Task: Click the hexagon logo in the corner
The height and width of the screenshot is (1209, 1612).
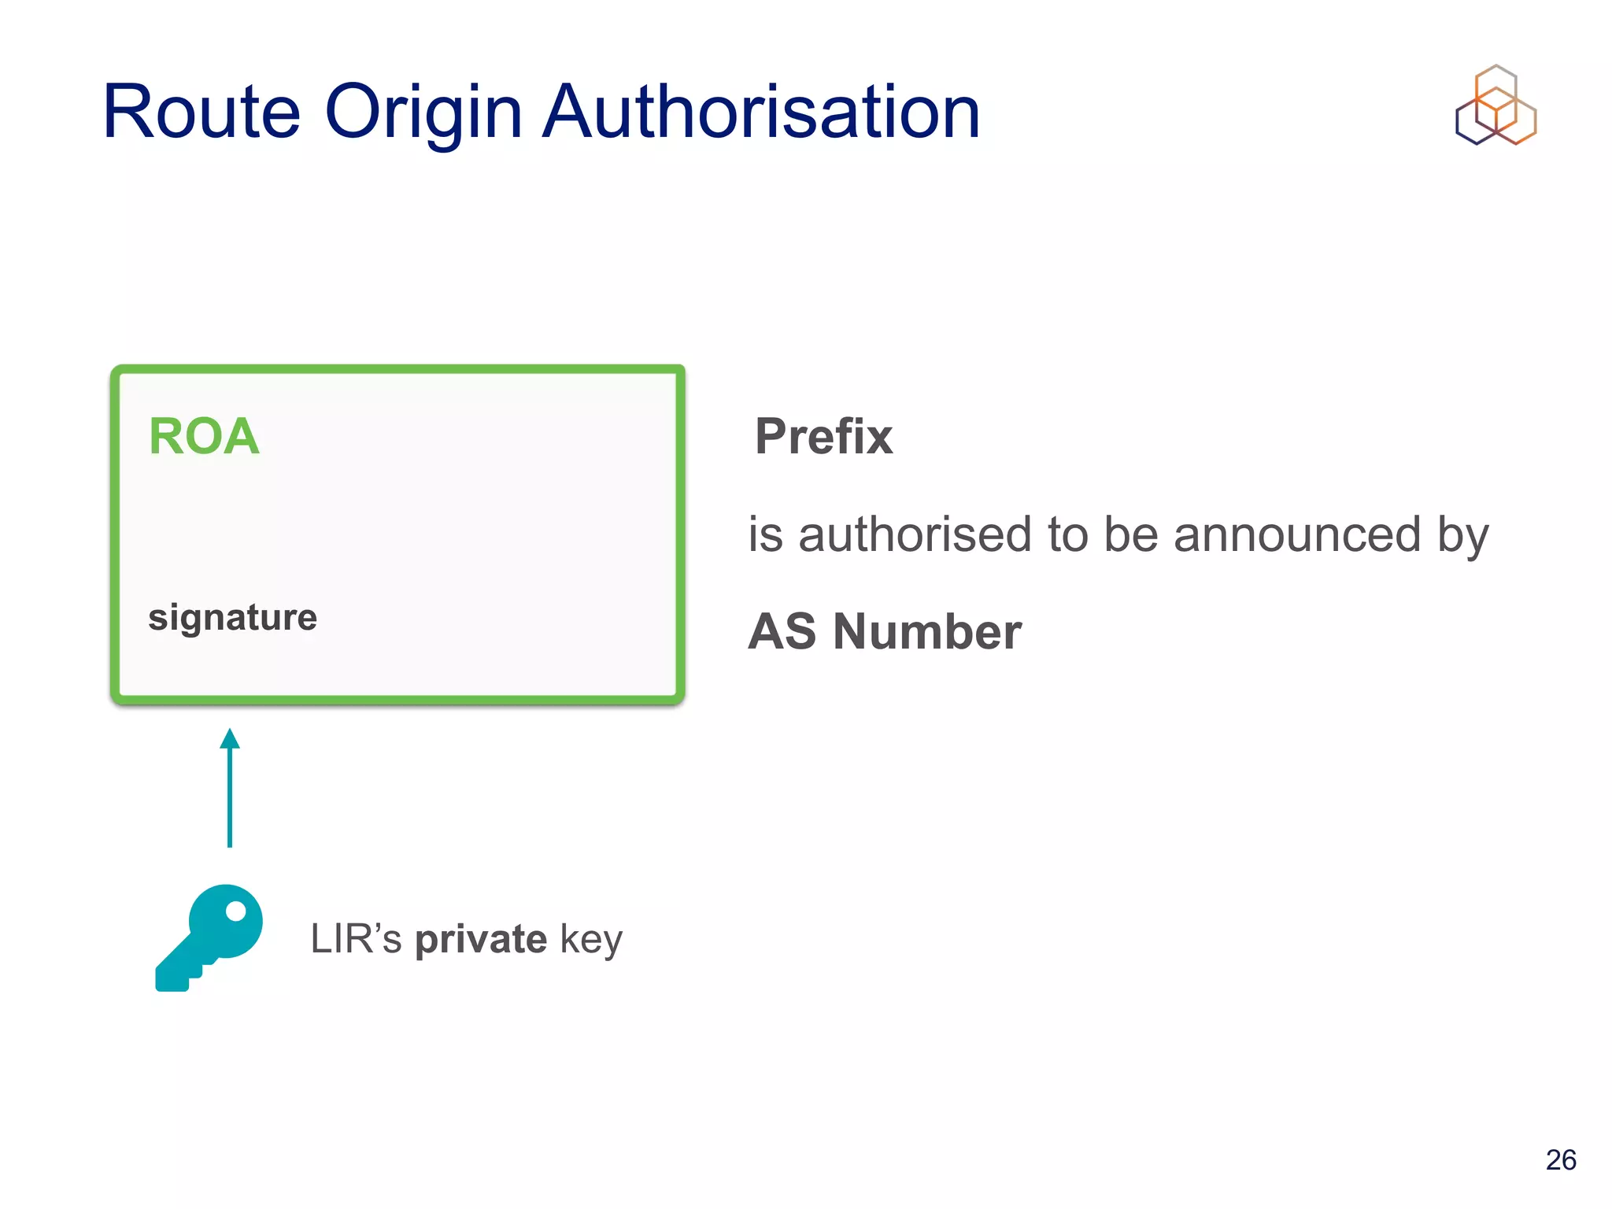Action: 1496,105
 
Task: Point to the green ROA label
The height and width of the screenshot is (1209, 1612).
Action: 204,436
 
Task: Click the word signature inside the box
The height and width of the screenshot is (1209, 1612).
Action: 232,617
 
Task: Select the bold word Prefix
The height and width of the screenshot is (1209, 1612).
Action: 823,436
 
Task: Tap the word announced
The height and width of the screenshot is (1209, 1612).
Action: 1296,534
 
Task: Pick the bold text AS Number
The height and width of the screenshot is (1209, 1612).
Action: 884,631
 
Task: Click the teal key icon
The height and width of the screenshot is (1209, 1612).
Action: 209,937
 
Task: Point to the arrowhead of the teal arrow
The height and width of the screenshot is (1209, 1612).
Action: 230,739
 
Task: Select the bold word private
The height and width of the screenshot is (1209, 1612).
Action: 481,939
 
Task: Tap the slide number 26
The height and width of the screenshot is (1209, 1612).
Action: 1560,1159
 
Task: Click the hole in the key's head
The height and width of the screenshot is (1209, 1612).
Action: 235,911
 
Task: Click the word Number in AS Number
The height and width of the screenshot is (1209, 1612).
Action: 926,631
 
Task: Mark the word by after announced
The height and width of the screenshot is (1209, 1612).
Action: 1463,536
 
